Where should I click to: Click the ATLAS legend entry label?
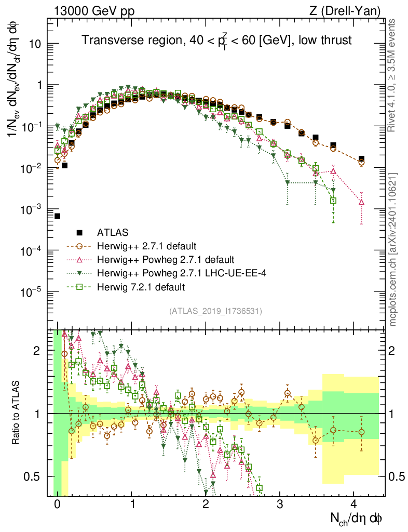113,232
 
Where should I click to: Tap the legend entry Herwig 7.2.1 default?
141,286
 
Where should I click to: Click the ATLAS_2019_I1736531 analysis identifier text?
215,311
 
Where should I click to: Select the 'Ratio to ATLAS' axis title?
17,413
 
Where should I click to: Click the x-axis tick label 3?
279,504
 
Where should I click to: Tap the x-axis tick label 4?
353,504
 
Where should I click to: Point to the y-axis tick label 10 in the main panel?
36,44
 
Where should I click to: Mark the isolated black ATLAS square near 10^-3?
57,216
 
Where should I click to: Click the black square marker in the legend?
80,232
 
